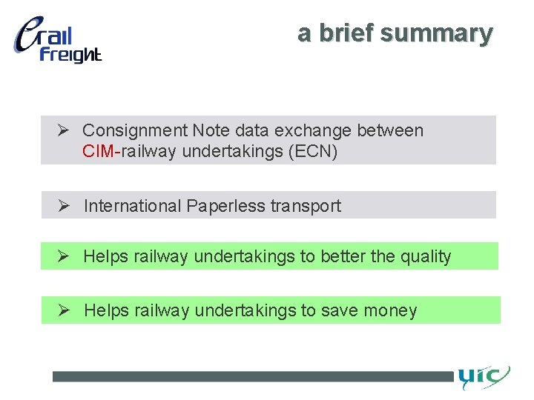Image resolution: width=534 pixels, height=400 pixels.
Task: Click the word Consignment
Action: tap(135, 131)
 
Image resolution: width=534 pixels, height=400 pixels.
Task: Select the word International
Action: tap(132, 206)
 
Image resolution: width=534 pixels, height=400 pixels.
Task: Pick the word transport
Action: tap(306, 206)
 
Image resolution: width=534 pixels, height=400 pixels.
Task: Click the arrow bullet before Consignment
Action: tap(64, 130)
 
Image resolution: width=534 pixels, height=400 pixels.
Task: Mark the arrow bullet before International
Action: tap(65, 205)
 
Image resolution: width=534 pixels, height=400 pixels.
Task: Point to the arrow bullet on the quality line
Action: tap(65, 256)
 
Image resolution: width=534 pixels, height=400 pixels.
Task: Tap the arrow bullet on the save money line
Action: tap(65, 310)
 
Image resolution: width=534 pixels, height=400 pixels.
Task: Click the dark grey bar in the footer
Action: tap(252, 376)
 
